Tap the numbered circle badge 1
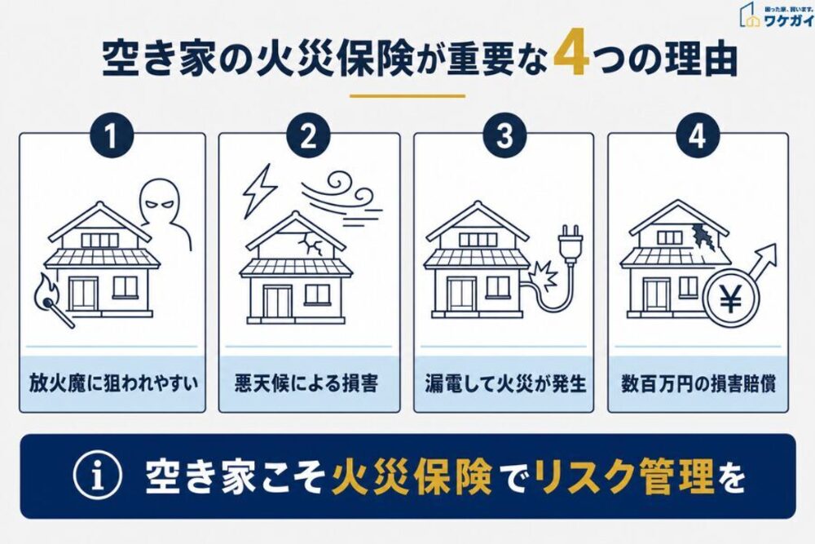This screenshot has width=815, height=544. coord(111,135)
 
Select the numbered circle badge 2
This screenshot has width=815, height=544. coord(308,135)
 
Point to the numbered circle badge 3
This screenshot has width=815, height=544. coord(504,135)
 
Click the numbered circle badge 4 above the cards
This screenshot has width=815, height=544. coord(698,135)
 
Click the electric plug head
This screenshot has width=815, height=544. coord(570,242)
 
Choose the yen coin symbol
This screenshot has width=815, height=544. coord(731,300)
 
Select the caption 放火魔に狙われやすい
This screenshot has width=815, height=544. coord(113,383)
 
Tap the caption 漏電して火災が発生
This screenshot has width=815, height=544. coord(505,383)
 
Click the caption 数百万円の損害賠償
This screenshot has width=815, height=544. coord(698,383)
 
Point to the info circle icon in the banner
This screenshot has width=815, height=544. coord(98,475)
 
